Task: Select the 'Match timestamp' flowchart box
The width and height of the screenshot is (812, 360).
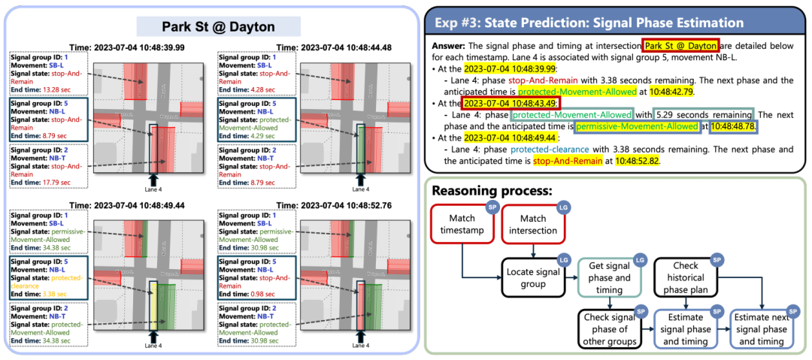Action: point(462,223)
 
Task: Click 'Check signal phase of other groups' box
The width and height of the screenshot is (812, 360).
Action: point(609,328)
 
